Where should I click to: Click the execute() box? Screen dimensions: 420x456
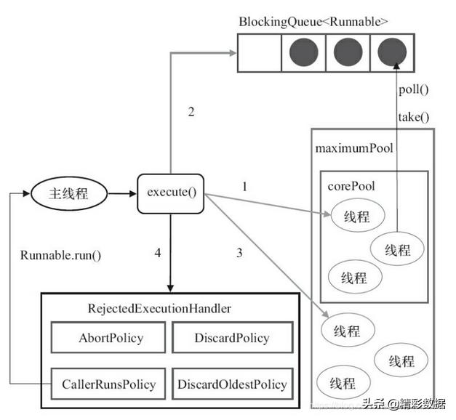coord(171,194)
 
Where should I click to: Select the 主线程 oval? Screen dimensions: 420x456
coord(68,194)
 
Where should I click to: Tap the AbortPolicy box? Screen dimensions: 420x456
coord(111,338)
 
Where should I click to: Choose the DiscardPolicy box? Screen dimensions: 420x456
coord(232,338)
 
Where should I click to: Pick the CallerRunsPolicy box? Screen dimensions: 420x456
coord(108,384)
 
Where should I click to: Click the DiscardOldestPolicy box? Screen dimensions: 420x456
coord(232,384)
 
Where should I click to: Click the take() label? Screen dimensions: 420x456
coord(414,116)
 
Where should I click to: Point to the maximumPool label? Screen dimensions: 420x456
coord(353,148)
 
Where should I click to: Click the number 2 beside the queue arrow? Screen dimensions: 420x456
coord(191,112)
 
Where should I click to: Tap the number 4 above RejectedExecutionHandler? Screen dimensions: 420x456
coord(157,254)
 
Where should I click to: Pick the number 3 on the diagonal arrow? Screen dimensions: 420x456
coord(239,254)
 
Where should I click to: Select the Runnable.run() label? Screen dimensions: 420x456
coord(60,255)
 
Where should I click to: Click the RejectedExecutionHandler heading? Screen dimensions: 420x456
coord(159,309)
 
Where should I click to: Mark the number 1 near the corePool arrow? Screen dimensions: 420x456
coord(244,187)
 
